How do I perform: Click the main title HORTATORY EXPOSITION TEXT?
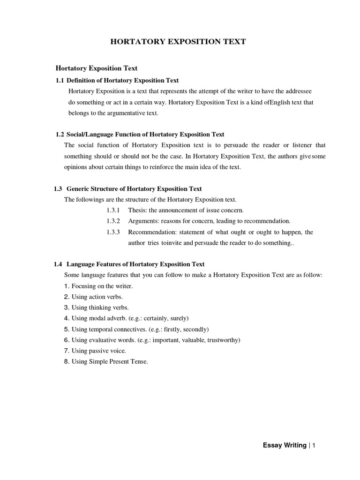178,42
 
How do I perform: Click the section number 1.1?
60,81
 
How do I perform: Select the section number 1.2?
60,135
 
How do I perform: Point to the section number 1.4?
59,264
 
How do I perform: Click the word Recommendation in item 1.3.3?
151,232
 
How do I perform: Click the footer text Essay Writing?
285,445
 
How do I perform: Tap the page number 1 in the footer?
314,445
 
